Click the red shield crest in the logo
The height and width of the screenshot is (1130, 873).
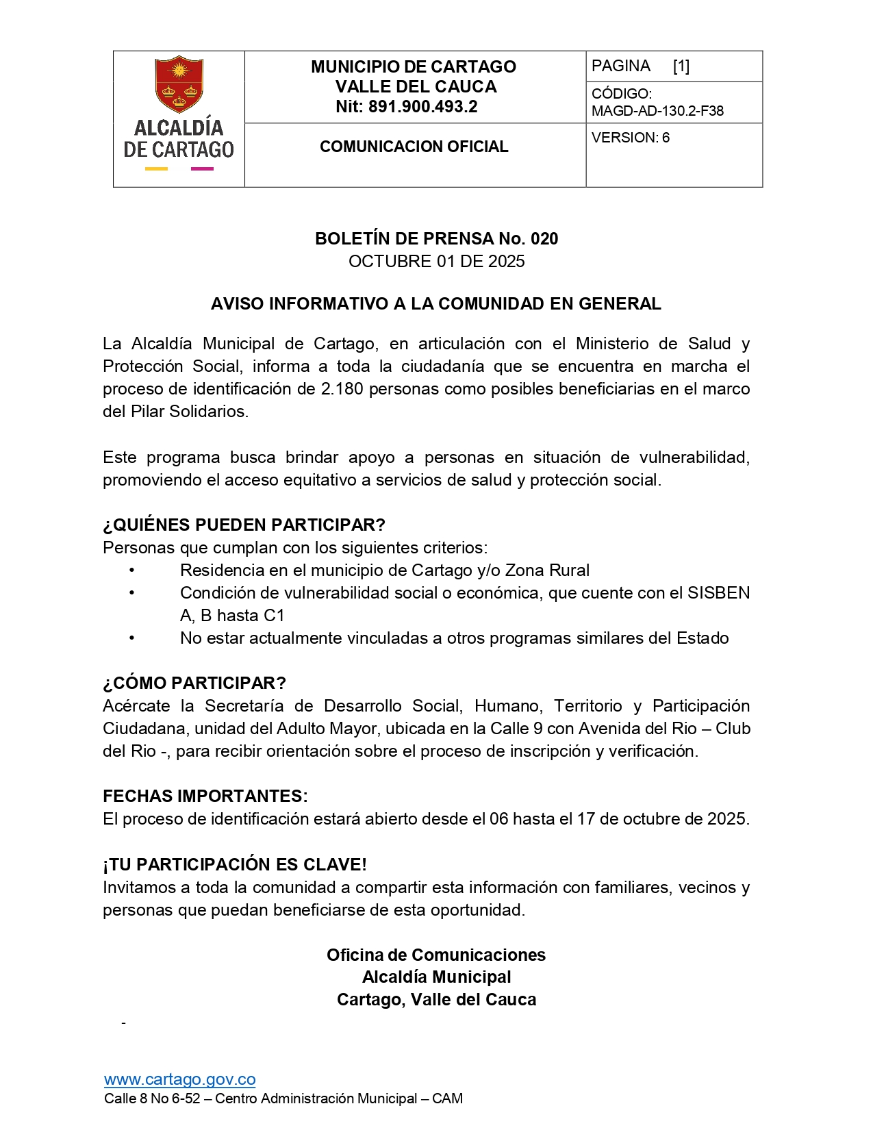tap(179, 84)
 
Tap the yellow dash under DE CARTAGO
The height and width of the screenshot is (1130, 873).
tap(156, 168)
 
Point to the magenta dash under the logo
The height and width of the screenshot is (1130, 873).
tap(201, 168)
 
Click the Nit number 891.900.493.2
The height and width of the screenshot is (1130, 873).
tap(422, 107)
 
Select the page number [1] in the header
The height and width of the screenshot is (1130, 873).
tap(681, 66)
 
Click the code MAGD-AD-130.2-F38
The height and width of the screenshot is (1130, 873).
tap(657, 111)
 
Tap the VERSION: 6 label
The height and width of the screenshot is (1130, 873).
tap(630, 138)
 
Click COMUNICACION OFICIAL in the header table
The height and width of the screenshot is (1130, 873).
tap(414, 147)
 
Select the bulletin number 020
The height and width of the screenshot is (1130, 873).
tap(544, 239)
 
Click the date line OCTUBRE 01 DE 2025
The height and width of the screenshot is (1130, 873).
tap(436, 262)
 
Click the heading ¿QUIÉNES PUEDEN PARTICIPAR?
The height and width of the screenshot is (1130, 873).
tap(244, 525)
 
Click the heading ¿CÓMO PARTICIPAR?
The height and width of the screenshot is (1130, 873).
tap(194, 683)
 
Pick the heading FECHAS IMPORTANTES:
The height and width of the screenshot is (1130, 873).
tap(205, 796)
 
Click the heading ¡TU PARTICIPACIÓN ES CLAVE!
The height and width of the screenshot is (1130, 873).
tap(235, 865)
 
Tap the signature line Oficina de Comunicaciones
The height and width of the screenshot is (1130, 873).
tap(436, 955)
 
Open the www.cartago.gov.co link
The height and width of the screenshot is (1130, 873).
tap(180, 1080)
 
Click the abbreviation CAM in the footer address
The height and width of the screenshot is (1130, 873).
tap(447, 1099)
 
